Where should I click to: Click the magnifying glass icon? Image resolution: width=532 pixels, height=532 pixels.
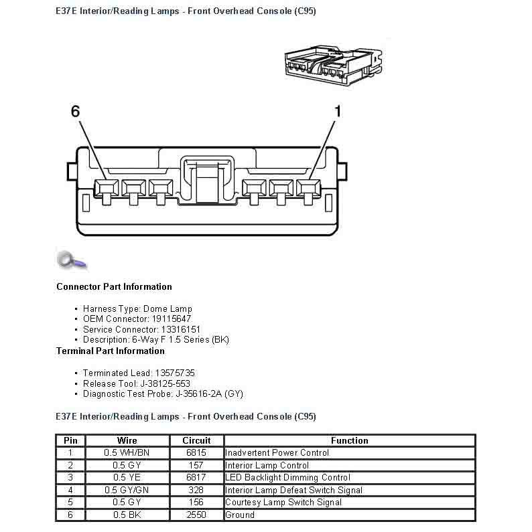70,260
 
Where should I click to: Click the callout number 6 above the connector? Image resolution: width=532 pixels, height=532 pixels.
76,112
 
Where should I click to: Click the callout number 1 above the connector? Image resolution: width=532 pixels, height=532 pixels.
337,112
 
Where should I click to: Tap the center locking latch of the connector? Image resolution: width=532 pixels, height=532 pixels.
207,180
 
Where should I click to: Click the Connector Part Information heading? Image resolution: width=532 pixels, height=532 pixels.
114,286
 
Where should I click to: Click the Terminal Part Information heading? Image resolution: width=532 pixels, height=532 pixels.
110,351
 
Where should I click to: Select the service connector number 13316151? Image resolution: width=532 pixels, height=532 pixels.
180,329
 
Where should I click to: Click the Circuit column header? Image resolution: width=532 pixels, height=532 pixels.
196,440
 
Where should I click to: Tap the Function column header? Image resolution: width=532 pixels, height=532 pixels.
349,440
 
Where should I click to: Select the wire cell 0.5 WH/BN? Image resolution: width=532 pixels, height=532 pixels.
127,452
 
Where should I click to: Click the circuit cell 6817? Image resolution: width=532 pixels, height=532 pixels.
196,477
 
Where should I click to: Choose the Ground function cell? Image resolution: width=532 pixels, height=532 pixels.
240,515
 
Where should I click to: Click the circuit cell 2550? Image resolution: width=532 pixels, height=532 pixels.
196,515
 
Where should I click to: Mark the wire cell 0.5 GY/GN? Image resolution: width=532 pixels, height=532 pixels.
127,490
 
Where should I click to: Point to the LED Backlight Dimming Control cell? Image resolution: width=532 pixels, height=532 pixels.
287,477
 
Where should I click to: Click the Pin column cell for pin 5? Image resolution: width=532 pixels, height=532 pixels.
70,502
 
